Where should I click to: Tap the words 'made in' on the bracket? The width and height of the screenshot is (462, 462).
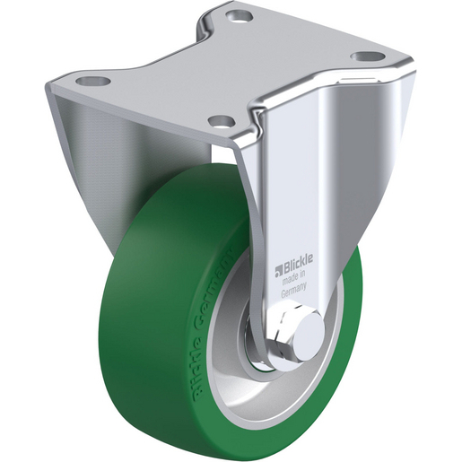tap(294, 277)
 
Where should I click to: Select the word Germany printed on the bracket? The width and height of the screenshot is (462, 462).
tap(293, 290)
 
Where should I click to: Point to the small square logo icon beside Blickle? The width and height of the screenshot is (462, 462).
tap(279, 270)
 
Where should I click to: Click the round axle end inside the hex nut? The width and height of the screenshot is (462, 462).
tap(309, 332)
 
